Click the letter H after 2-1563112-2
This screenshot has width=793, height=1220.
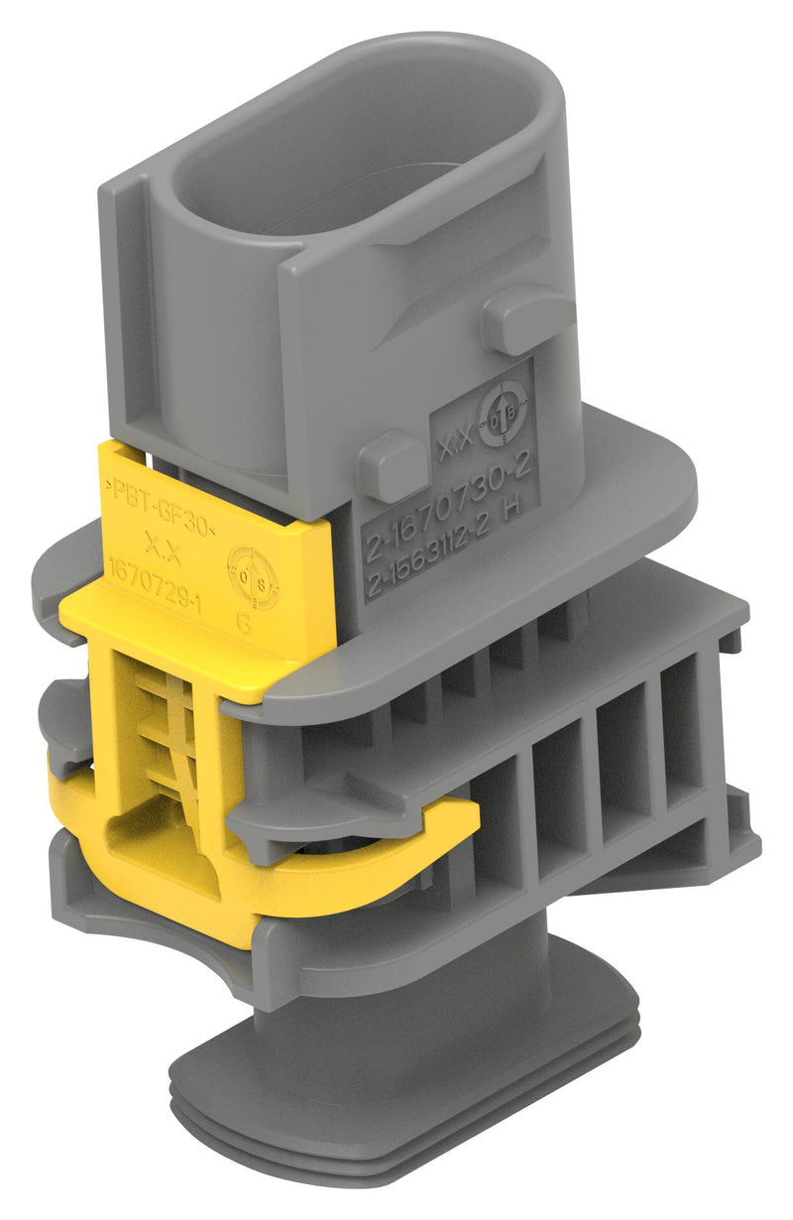tap(512, 541)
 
